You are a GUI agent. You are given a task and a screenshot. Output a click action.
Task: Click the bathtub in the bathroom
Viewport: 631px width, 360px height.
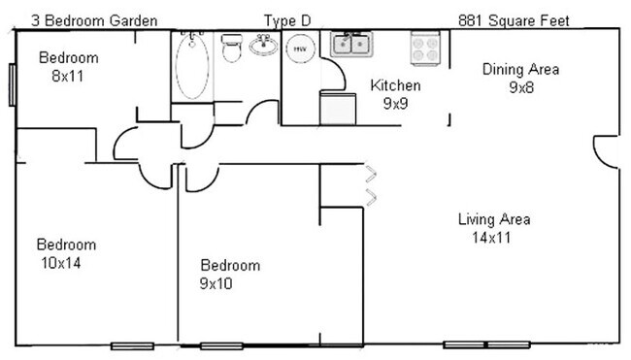point(192,66)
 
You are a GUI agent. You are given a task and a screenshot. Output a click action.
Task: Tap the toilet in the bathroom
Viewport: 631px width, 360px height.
point(231,48)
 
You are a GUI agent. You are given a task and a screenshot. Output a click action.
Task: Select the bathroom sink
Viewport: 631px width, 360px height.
point(262,45)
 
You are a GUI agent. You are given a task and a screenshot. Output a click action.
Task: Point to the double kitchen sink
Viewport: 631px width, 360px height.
point(350,45)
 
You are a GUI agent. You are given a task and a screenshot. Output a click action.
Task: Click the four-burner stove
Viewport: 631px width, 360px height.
point(425,47)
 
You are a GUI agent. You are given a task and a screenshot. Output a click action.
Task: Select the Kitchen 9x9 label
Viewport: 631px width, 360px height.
point(396,93)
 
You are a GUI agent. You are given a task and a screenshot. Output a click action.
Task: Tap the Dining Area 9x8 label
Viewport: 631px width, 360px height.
point(520,78)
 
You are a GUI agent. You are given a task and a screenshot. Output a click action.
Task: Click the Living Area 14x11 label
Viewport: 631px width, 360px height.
point(494,227)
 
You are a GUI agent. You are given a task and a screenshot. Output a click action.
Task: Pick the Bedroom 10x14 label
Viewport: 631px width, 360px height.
point(66,253)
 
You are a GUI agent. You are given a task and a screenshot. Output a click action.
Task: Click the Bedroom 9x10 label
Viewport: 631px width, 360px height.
point(230,274)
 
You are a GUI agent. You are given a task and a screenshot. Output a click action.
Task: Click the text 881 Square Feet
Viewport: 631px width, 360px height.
point(514,19)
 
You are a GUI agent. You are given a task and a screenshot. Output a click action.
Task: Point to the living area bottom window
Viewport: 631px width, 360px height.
point(486,344)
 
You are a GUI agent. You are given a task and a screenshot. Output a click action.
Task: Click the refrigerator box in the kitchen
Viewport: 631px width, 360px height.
point(338,109)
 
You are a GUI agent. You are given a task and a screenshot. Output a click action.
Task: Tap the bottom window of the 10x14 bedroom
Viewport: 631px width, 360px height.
point(132,345)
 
